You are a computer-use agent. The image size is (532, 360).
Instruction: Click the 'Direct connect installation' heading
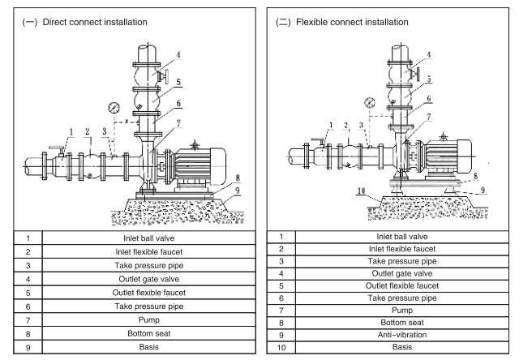pos(95,23)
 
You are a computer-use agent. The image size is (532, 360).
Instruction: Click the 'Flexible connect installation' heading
pos(352,23)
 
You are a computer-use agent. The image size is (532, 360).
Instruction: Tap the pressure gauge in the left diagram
pos(114,108)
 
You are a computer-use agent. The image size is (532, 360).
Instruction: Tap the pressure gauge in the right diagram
pos(370,102)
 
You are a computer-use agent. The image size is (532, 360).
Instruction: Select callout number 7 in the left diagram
pos(178,123)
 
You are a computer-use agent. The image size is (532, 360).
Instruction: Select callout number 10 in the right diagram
pos(362,191)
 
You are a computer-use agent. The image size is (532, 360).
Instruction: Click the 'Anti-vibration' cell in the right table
pos(402,335)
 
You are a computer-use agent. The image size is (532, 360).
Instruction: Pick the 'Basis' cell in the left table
pos(149,347)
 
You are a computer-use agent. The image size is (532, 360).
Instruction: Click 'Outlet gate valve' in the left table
pos(149,279)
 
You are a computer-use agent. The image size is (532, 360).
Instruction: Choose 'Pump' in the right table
pos(402,311)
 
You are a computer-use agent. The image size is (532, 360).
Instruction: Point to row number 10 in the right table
pos(281,348)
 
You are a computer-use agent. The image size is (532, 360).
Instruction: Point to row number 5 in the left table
pos(28,294)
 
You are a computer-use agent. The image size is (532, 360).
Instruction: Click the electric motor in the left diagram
pos(197,165)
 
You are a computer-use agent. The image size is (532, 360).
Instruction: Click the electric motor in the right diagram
pos(447,156)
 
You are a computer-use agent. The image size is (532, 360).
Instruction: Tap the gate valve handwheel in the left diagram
pos(165,76)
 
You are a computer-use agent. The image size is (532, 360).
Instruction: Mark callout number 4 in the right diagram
pos(428,54)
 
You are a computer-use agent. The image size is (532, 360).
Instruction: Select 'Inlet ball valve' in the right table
pos(402,237)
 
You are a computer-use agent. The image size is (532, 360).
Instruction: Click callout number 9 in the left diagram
pos(238,191)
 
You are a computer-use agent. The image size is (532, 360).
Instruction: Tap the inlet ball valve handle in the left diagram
pos(57,148)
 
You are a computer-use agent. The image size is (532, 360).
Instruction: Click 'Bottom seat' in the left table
pos(149,333)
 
